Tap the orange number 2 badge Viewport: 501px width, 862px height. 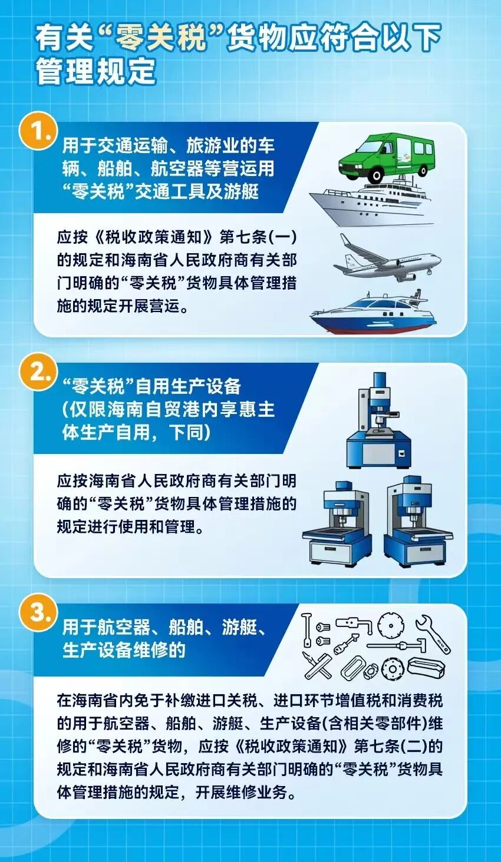pos(38,373)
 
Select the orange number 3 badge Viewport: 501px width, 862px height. pos(38,613)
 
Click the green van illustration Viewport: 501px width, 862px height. pos(385,157)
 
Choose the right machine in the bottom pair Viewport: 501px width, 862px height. pos(417,522)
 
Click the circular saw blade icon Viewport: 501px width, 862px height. pos(391,625)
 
